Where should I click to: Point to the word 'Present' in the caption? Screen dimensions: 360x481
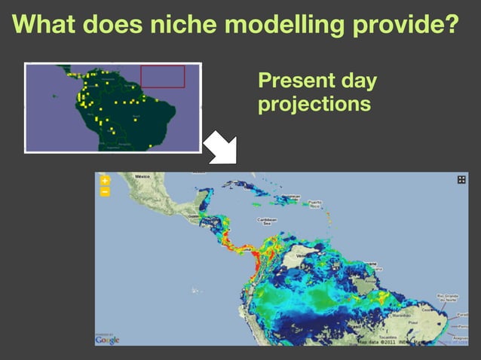(294, 81)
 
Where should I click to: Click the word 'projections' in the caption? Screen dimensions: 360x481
(314, 103)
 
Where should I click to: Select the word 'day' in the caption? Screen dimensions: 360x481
(357, 81)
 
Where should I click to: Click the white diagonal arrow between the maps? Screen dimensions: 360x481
(221, 148)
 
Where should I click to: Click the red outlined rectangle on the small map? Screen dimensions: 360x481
(162, 76)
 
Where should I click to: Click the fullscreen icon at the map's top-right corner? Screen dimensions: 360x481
(461, 180)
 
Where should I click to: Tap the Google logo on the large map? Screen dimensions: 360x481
(107, 340)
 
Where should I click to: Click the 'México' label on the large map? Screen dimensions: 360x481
(142, 176)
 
